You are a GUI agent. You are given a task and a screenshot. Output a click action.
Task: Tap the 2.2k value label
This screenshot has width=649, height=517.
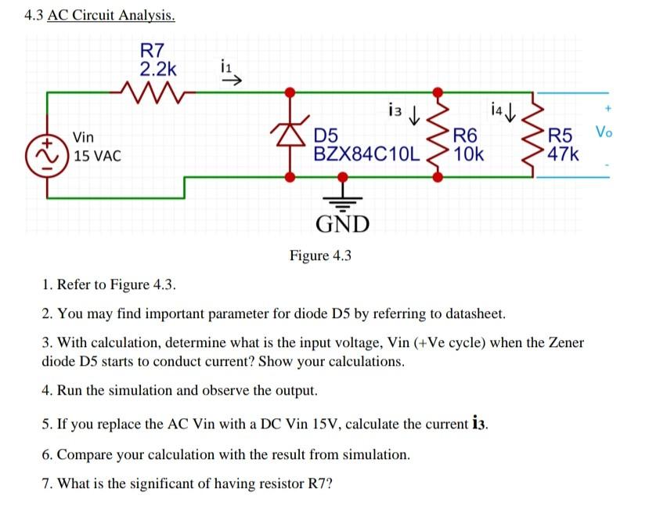coord(158,69)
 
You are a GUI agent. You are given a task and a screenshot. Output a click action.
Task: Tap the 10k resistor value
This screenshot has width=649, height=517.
coord(468,154)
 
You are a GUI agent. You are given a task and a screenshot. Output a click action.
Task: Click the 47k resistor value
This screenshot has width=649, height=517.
coord(564,154)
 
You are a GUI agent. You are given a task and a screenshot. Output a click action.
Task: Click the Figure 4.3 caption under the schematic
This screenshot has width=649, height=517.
coord(321,255)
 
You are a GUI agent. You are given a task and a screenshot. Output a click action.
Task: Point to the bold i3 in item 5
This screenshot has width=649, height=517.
coord(481,425)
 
